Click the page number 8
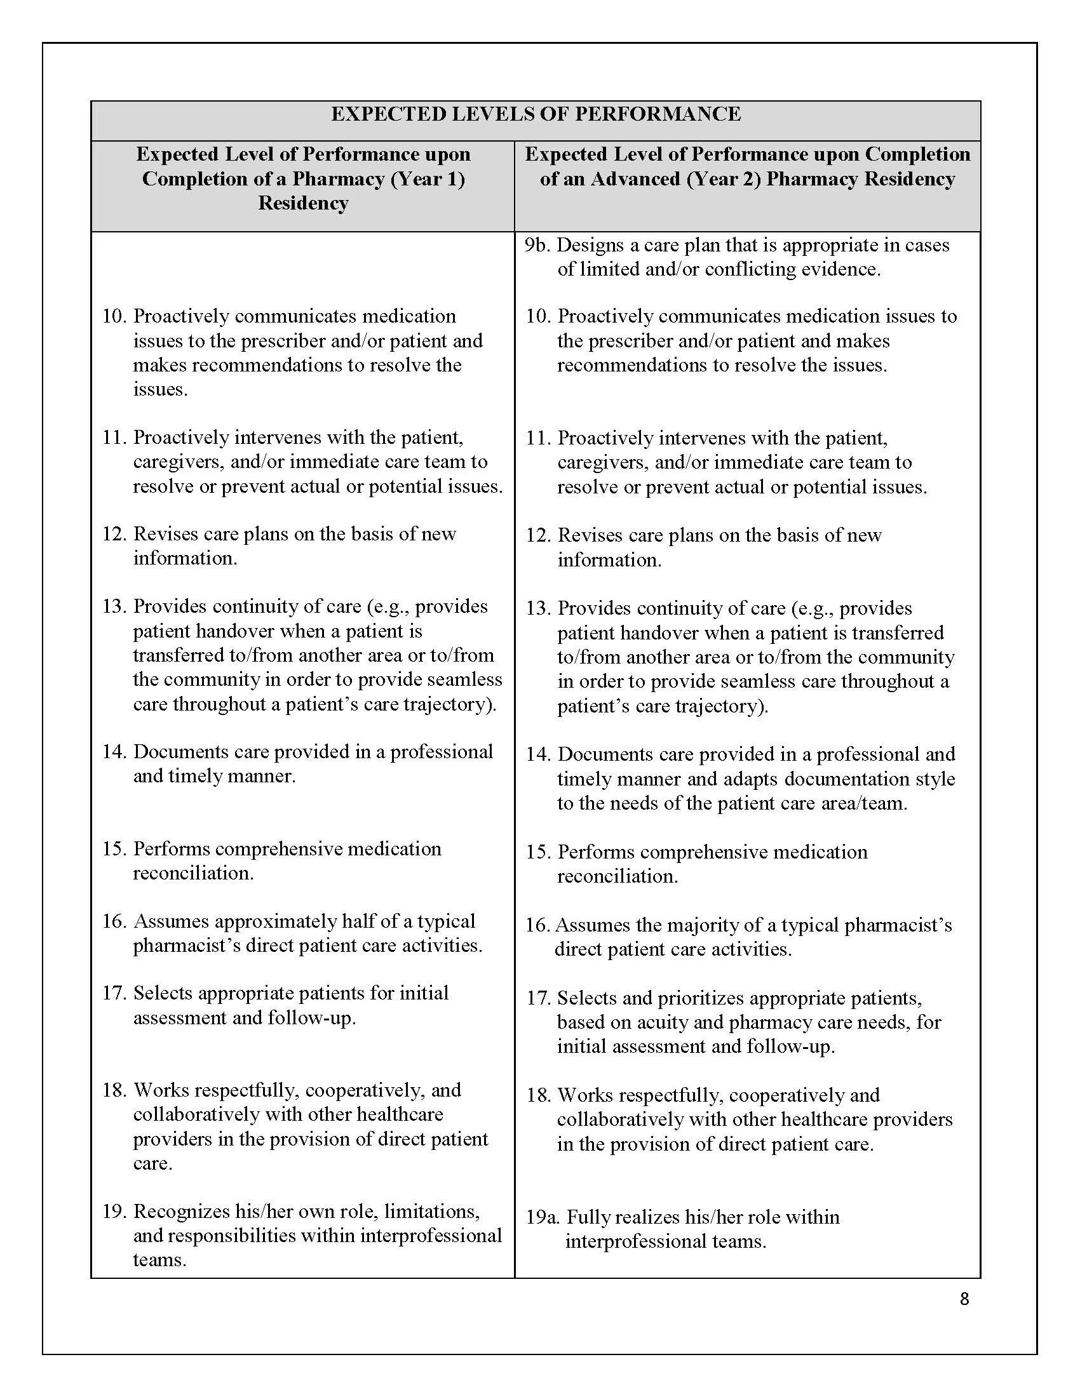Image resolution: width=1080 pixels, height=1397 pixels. tap(964, 1299)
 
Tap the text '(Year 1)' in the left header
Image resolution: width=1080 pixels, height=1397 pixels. tap(427, 178)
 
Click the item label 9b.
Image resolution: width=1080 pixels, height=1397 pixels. tap(537, 245)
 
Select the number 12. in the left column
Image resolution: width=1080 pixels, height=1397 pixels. tap(114, 533)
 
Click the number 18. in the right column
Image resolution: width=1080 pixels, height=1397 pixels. tap(538, 1095)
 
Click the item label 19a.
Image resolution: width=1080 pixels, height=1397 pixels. tap(543, 1217)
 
